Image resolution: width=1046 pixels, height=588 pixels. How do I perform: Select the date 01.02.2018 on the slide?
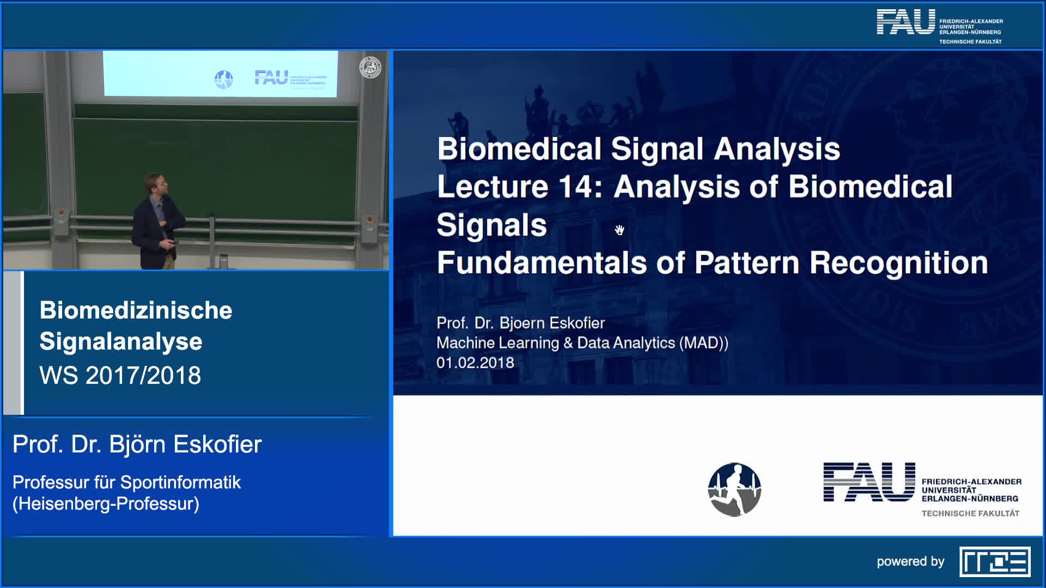475,363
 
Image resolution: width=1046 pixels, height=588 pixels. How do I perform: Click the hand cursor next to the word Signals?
619,230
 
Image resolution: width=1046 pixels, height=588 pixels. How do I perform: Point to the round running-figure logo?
734,489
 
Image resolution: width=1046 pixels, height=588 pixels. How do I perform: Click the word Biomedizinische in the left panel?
136,310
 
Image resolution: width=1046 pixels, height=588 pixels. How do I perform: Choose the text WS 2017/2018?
120,375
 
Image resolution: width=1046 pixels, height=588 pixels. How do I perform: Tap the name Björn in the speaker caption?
137,444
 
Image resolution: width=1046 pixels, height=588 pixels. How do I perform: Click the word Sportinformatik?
180,482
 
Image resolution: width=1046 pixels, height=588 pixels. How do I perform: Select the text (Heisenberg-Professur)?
106,504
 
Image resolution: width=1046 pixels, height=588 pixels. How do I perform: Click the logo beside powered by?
995,561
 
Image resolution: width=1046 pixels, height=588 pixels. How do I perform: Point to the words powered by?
910,562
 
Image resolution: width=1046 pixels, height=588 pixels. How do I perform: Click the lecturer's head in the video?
155,184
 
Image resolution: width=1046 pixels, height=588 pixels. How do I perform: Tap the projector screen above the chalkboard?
220,73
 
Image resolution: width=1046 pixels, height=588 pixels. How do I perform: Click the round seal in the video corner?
370,68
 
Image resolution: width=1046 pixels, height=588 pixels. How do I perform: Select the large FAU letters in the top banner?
905,22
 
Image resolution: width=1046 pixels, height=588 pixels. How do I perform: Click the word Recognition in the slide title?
898,263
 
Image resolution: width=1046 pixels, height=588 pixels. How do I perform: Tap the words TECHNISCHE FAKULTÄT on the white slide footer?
970,513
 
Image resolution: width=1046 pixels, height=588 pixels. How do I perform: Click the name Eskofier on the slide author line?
577,323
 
